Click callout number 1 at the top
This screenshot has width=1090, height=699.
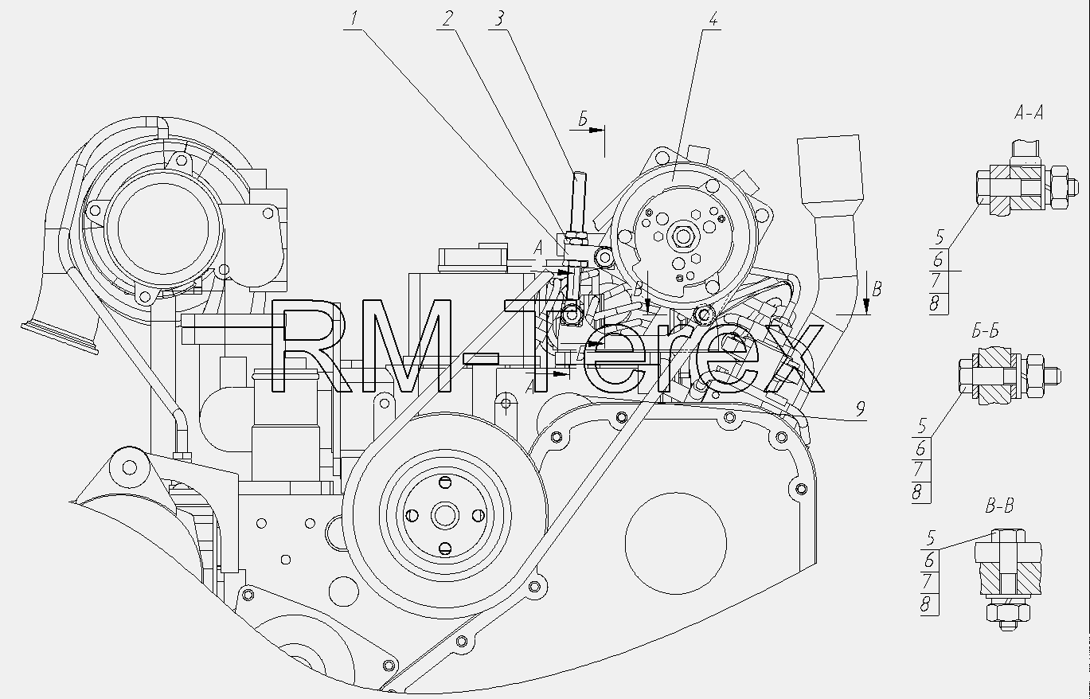(x=354, y=18)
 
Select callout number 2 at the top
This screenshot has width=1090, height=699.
(x=447, y=18)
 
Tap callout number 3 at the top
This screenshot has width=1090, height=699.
(x=499, y=18)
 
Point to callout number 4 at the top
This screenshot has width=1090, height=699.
(x=713, y=18)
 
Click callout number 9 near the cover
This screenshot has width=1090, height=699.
(x=861, y=409)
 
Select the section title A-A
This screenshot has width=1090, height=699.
(x=1029, y=113)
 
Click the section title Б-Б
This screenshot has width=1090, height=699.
(x=986, y=331)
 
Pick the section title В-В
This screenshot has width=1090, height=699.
(x=999, y=506)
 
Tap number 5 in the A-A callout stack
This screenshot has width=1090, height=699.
(x=940, y=238)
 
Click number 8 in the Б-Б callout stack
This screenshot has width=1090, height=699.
(x=917, y=493)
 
